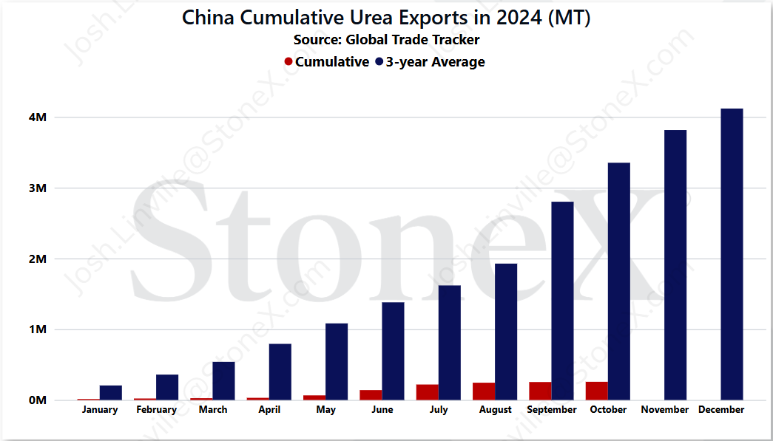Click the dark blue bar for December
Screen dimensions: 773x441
[732, 254]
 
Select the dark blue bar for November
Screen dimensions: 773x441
[675, 264]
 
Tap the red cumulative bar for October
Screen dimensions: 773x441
[596, 391]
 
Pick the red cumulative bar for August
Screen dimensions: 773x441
[484, 392]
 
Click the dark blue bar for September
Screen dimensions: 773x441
[562, 301]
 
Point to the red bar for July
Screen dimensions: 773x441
[428, 392]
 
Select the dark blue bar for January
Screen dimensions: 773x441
[111, 393]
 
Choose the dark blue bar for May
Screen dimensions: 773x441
[337, 362]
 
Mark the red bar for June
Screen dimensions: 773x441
[371, 394]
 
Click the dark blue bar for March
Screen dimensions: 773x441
[224, 381]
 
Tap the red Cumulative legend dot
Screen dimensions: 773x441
[288, 62]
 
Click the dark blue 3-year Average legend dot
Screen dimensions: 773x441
[379, 62]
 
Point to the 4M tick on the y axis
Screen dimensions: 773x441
[38, 117]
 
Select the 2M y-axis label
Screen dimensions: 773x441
[38, 259]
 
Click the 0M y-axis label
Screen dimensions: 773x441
[38, 400]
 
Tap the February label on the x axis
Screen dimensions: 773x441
[156, 409]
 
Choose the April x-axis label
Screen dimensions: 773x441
[269, 409]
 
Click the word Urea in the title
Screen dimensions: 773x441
[371, 18]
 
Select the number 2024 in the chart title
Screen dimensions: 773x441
[519, 18]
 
